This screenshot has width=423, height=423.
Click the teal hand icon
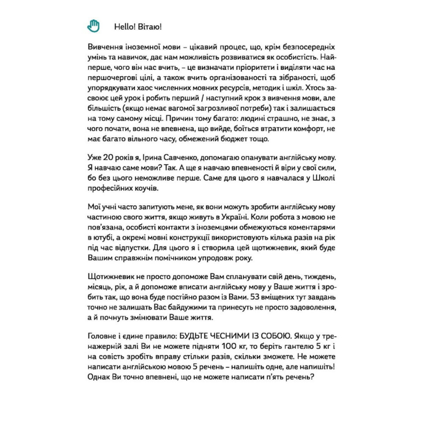click(x=93, y=26)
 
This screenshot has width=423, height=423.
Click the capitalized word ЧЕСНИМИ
click(x=232, y=335)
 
